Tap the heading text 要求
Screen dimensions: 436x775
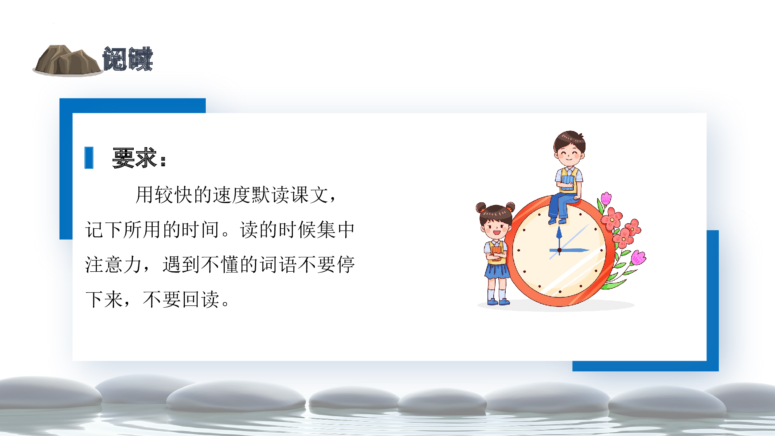coord(134,158)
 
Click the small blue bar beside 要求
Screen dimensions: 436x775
coord(89,158)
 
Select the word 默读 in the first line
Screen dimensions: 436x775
coord(271,195)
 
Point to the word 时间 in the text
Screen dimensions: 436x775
coord(201,230)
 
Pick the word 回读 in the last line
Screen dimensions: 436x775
coord(201,300)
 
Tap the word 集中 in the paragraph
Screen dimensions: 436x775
coord(336,230)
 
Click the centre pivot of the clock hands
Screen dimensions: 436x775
coord(559,250)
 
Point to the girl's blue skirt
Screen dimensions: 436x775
coord(497,271)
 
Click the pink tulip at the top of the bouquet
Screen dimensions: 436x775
coord(606,198)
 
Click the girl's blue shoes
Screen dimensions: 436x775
coord(498,302)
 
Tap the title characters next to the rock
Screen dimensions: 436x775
coord(128,59)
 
